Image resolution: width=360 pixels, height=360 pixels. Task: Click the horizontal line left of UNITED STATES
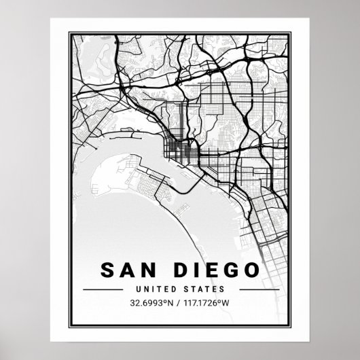(109, 290)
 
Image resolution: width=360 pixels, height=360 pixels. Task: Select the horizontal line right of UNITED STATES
(250, 290)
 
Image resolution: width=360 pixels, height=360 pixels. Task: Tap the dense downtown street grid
(179, 150)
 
